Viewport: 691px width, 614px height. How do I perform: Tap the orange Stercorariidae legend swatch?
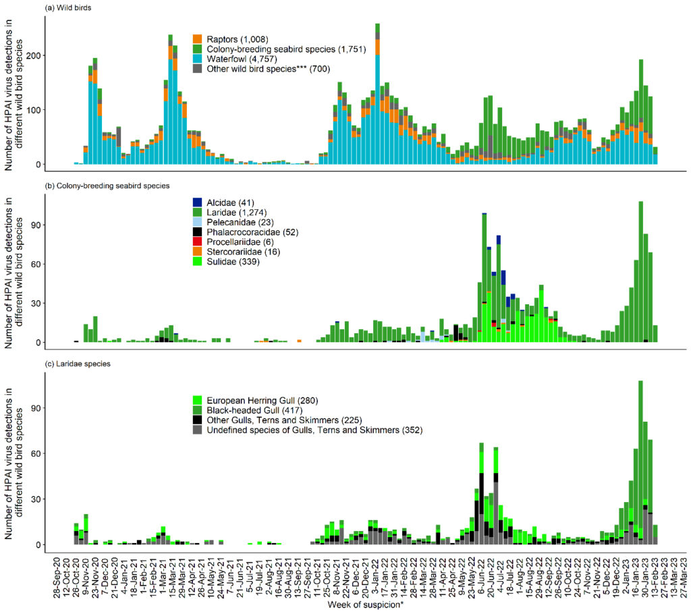click(198, 251)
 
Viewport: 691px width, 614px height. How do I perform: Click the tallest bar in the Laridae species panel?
click(640, 466)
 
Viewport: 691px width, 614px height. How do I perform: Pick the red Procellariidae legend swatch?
click(198, 241)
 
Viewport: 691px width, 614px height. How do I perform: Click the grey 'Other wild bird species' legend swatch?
click(198, 68)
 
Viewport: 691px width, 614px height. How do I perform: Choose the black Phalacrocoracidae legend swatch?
click(198, 231)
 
